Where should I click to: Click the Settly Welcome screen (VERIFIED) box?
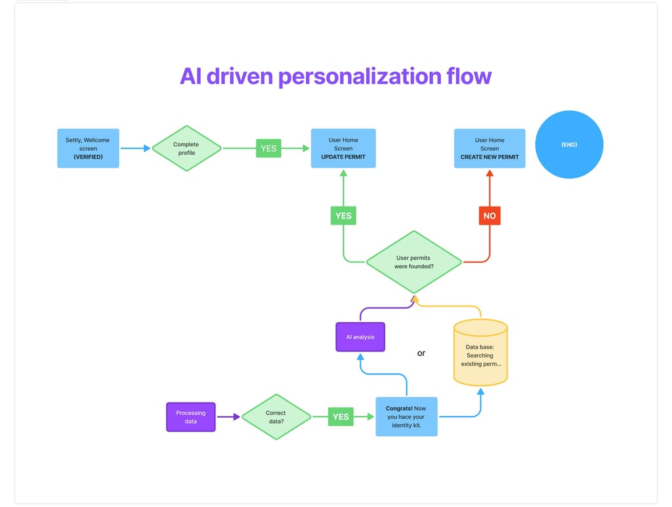(89, 148)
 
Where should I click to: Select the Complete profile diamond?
(186, 148)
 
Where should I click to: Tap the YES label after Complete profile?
(268, 148)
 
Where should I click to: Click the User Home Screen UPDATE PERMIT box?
(343, 148)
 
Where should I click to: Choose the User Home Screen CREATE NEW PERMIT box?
(490, 148)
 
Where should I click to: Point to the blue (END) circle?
(569, 144)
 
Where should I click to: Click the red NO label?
(490, 216)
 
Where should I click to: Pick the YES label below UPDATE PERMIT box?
(343, 216)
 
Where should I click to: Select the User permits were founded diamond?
(414, 262)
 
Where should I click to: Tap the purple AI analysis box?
(360, 337)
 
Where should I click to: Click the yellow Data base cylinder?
(480, 352)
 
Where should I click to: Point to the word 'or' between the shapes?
(421, 354)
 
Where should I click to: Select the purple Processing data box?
(191, 417)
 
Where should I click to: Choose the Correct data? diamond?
(276, 416)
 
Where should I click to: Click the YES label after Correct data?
(341, 416)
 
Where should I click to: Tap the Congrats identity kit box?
(407, 416)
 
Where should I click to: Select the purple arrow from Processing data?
(228, 416)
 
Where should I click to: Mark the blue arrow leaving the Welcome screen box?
(135, 148)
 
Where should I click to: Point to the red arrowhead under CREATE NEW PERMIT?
(490, 173)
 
